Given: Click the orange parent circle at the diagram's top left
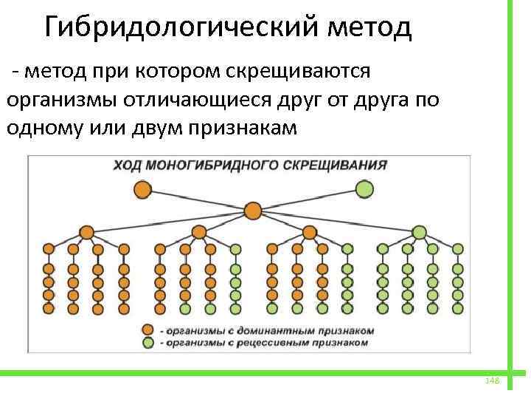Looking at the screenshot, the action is (x=142, y=189).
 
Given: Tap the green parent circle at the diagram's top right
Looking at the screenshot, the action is (x=364, y=189).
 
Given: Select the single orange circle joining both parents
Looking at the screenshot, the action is (x=253, y=211).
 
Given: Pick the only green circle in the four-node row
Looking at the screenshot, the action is (x=419, y=233).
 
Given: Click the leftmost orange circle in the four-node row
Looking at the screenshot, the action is (x=86, y=233).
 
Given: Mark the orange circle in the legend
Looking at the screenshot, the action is (x=149, y=330).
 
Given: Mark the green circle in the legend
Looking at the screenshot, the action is (x=149, y=342).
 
